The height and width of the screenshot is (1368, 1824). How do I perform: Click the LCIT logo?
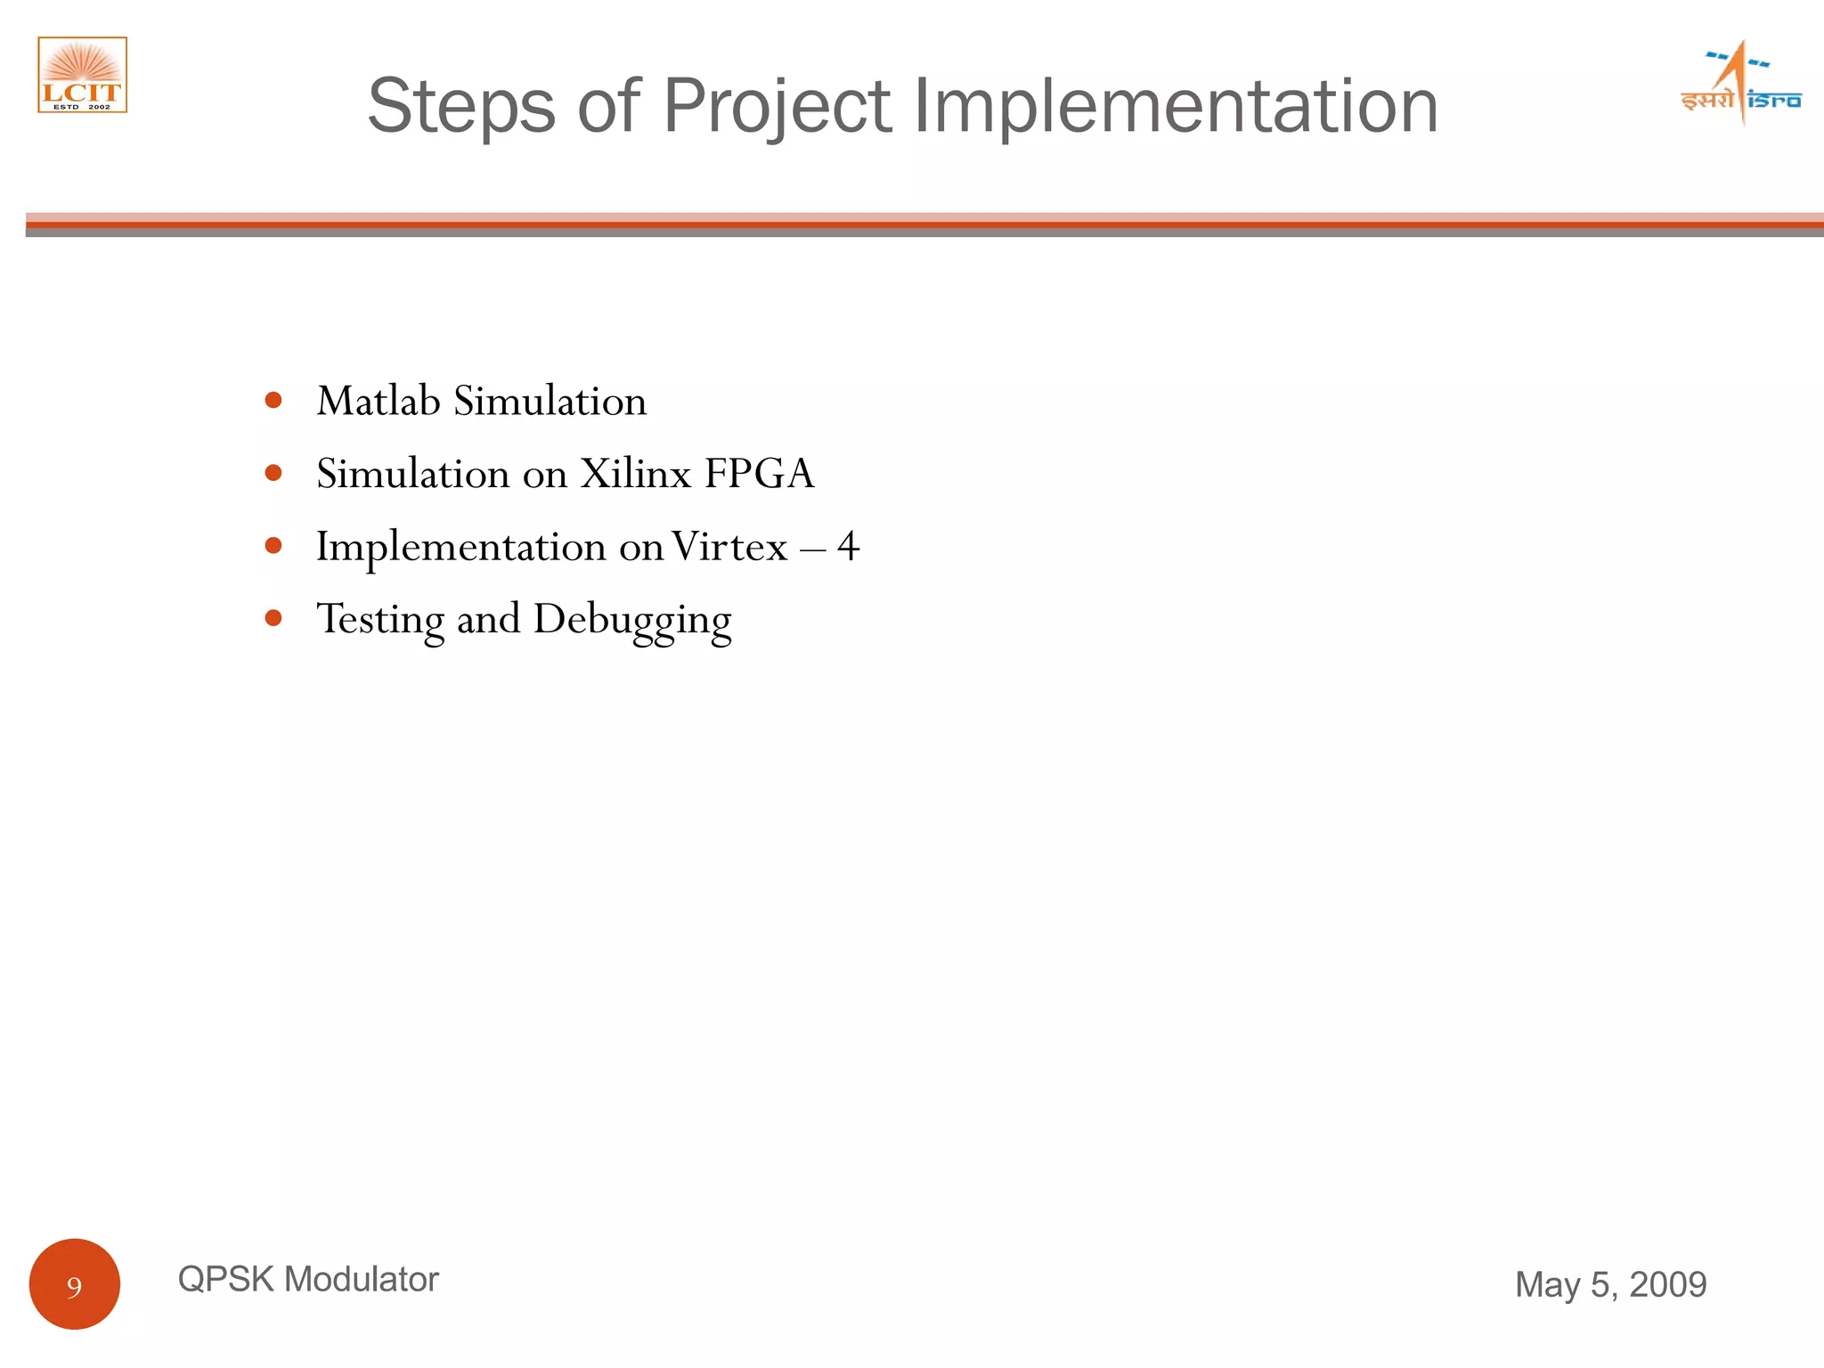tap(82, 75)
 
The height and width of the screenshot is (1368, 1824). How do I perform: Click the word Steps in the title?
tap(461, 107)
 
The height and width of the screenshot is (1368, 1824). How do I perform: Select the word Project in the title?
tap(776, 107)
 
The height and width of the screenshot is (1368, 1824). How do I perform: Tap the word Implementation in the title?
tap(1176, 107)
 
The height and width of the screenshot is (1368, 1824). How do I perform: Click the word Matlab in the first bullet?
tap(379, 401)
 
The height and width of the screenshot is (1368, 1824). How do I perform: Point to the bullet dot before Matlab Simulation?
tap(273, 401)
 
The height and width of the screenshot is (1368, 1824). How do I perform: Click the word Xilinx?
tap(635, 474)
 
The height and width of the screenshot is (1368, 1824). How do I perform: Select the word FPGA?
tap(759, 474)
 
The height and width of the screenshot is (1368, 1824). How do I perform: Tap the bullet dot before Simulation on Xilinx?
tap(273, 473)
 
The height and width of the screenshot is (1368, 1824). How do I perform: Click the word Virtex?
tap(729, 546)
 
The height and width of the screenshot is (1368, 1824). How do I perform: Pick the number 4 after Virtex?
tap(848, 546)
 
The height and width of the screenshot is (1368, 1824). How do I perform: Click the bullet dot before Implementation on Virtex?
tap(273, 545)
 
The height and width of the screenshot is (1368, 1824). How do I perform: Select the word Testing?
tap(380, 621)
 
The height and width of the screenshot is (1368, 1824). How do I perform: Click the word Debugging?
tap(632, 621)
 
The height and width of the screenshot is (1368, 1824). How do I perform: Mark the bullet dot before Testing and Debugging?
tap(273, 618)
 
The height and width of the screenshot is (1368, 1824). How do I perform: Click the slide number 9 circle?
tap(75, 1284)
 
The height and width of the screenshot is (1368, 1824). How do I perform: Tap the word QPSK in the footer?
tap(225, 1280)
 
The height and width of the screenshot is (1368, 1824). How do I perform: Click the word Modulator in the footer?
tap(362, 1280)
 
